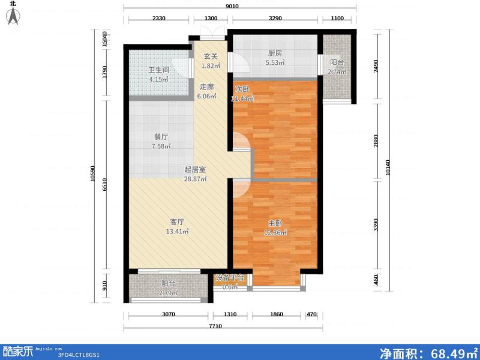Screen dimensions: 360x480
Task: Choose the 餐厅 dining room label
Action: pyautogui.click(x=160, y=136)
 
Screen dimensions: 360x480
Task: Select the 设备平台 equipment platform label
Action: pyautogui.click(x=230, y=278)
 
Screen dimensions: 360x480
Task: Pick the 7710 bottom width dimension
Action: pyautogui.click(x=223, y=325)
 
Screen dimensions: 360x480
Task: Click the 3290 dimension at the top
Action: pyautogui.click(x=275, y=19)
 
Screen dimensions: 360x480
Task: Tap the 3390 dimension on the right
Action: pyautogui.click(x=376, y=226)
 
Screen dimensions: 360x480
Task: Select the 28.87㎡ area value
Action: pyautogui.click(x=195, y=179)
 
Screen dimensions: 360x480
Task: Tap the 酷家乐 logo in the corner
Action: pyautogui.click(x=18, y=351)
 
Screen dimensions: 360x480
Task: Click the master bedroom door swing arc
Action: pyautogui.click(x=239, y=187)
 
